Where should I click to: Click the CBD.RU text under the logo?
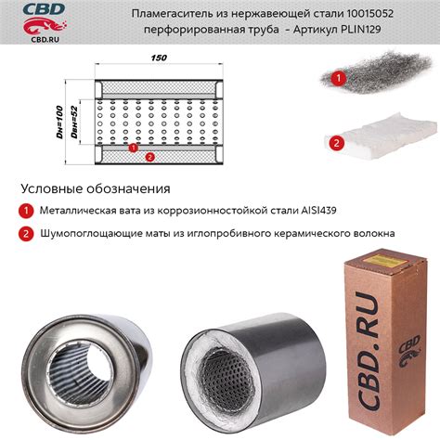(45, 39)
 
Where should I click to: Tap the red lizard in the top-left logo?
(44, 25)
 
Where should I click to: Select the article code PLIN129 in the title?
(360, 30)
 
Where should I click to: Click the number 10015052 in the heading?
(369, 14)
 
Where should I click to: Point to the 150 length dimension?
(159, 58)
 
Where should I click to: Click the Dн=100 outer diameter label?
(59, 122)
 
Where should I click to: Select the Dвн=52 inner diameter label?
(74, 122)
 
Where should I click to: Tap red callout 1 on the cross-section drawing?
(133, 148)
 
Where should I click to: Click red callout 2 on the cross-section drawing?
(149, 157)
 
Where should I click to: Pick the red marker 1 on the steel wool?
(339, 78)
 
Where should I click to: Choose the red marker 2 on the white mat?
(337, 143)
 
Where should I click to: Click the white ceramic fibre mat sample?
(381, 137)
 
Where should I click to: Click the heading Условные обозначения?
(96, 188)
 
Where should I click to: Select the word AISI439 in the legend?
(318, 211)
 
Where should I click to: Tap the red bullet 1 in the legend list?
(26, 211)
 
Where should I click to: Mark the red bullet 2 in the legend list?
(26, 233)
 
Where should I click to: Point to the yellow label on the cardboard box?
(381, 263)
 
